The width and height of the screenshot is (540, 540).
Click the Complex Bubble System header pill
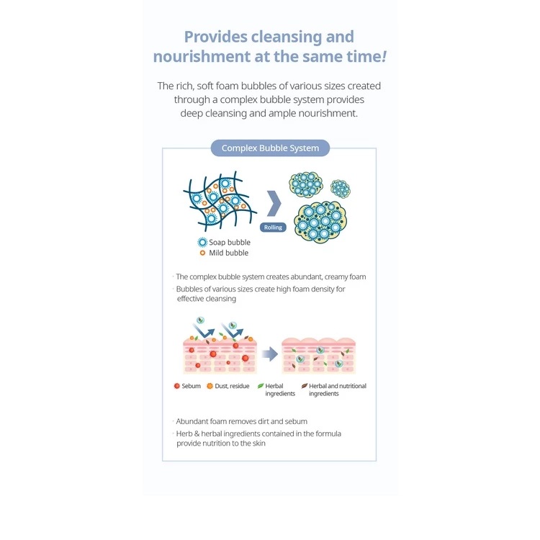point(270,148)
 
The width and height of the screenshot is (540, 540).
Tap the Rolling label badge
point(273,228)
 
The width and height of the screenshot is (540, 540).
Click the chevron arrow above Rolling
point(274,204)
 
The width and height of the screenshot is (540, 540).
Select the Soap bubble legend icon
point(202,243)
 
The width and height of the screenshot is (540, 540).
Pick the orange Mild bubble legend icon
point(202,253)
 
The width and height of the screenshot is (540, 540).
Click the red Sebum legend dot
point(177,386)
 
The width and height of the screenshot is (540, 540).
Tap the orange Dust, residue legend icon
point(210,386)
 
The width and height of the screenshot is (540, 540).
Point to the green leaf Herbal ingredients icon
point(261,386)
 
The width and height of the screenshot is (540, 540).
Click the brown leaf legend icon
point(305,386)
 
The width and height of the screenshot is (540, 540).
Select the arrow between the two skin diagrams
point(270,354)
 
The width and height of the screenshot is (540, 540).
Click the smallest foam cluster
point(341,189)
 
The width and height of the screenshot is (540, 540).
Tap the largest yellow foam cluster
point(320,222)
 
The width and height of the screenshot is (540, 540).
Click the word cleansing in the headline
point(287,37)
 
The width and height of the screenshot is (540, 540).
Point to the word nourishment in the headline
point(202,57)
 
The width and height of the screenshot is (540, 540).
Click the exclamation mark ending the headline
point(384,56)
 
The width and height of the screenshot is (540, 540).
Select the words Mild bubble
point(229,253)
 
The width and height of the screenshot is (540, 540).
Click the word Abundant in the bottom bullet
point(192,421)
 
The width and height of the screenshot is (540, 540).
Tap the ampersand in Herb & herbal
point(197,434)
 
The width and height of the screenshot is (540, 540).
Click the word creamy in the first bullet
point(325,277)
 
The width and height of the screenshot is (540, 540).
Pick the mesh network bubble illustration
point(220,201)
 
